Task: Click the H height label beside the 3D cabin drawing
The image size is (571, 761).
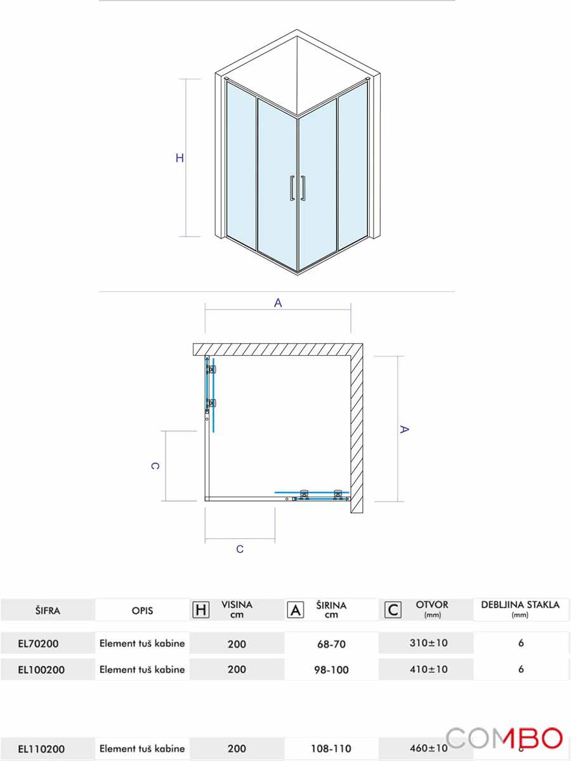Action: click(x=180, y=159)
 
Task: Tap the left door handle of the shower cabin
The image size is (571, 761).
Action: click(x=291, y=188)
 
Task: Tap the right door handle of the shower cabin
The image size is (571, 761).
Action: click(x=305, y=188)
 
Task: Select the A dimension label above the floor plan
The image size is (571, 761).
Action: click(x=278, y=303)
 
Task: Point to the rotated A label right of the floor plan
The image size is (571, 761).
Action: click(x=404, y=429)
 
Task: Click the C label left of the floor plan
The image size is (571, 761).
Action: click(x=155, y=466)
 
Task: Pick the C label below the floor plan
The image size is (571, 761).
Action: click(x=240, y=549)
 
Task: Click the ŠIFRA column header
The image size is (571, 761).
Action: click(x=48, y=611)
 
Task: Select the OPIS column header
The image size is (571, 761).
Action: click(x=142, y=611)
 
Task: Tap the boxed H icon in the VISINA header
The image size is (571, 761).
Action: click(x=200, y=610)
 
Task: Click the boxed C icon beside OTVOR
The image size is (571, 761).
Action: click(x=393, y=610)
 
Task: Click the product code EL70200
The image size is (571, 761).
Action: click(x=39, y=644)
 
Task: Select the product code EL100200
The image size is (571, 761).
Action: click(x=41, y=669)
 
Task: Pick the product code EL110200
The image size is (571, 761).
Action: click(x=41, y=748)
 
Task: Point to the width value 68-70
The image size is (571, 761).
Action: click(x=331, y=644)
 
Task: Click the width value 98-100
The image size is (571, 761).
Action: click(x=331, y=670)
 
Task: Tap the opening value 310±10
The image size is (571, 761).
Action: click(x=428, y=643)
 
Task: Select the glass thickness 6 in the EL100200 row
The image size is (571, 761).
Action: click(x=521, y=668)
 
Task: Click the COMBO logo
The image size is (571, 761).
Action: click(x=504, y=739)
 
